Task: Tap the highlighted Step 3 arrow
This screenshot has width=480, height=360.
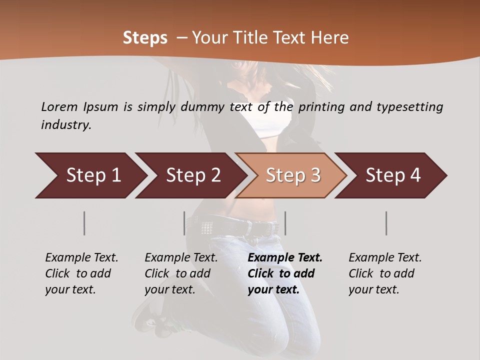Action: [292, 175]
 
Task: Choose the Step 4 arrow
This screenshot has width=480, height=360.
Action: [392, 175]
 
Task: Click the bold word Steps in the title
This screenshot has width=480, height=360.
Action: [145, 38]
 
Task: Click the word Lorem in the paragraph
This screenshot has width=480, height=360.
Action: [59, 106]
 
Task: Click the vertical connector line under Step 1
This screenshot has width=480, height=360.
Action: [84, 223]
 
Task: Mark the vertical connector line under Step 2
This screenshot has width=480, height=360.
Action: [184, 223]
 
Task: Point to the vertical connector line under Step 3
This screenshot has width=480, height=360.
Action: [285, 223]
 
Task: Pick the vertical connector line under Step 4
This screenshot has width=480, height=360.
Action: [386, 223]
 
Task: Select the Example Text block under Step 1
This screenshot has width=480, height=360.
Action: [81, 273]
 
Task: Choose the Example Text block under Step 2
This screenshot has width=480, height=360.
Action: [181, 273]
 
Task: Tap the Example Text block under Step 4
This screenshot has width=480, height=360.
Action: [385, 273]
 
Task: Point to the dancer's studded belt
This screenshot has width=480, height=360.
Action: [235, 227]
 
